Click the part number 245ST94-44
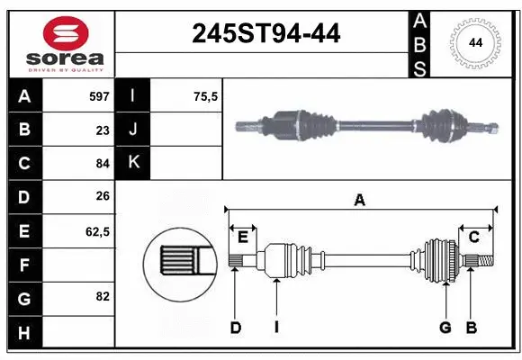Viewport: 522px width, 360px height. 266,33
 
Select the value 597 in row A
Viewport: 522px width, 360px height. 98,96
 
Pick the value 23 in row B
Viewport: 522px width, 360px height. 102,130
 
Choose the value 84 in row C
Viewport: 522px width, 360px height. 102,163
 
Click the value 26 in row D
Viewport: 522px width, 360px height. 102,196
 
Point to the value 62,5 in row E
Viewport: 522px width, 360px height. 97,231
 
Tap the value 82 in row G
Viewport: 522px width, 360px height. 102,296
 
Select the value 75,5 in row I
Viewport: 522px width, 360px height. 206,96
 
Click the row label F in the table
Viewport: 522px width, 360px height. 24,265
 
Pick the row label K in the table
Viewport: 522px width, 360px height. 133,163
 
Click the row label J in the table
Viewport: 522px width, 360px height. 133,130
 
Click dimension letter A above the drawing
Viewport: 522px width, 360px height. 360,200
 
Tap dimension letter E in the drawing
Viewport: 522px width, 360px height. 242,237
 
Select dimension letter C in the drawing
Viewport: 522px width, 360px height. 473,237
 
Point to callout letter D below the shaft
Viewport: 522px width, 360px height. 236,328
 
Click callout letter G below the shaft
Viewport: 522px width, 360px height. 445,328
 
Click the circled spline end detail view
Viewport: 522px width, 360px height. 180,262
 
